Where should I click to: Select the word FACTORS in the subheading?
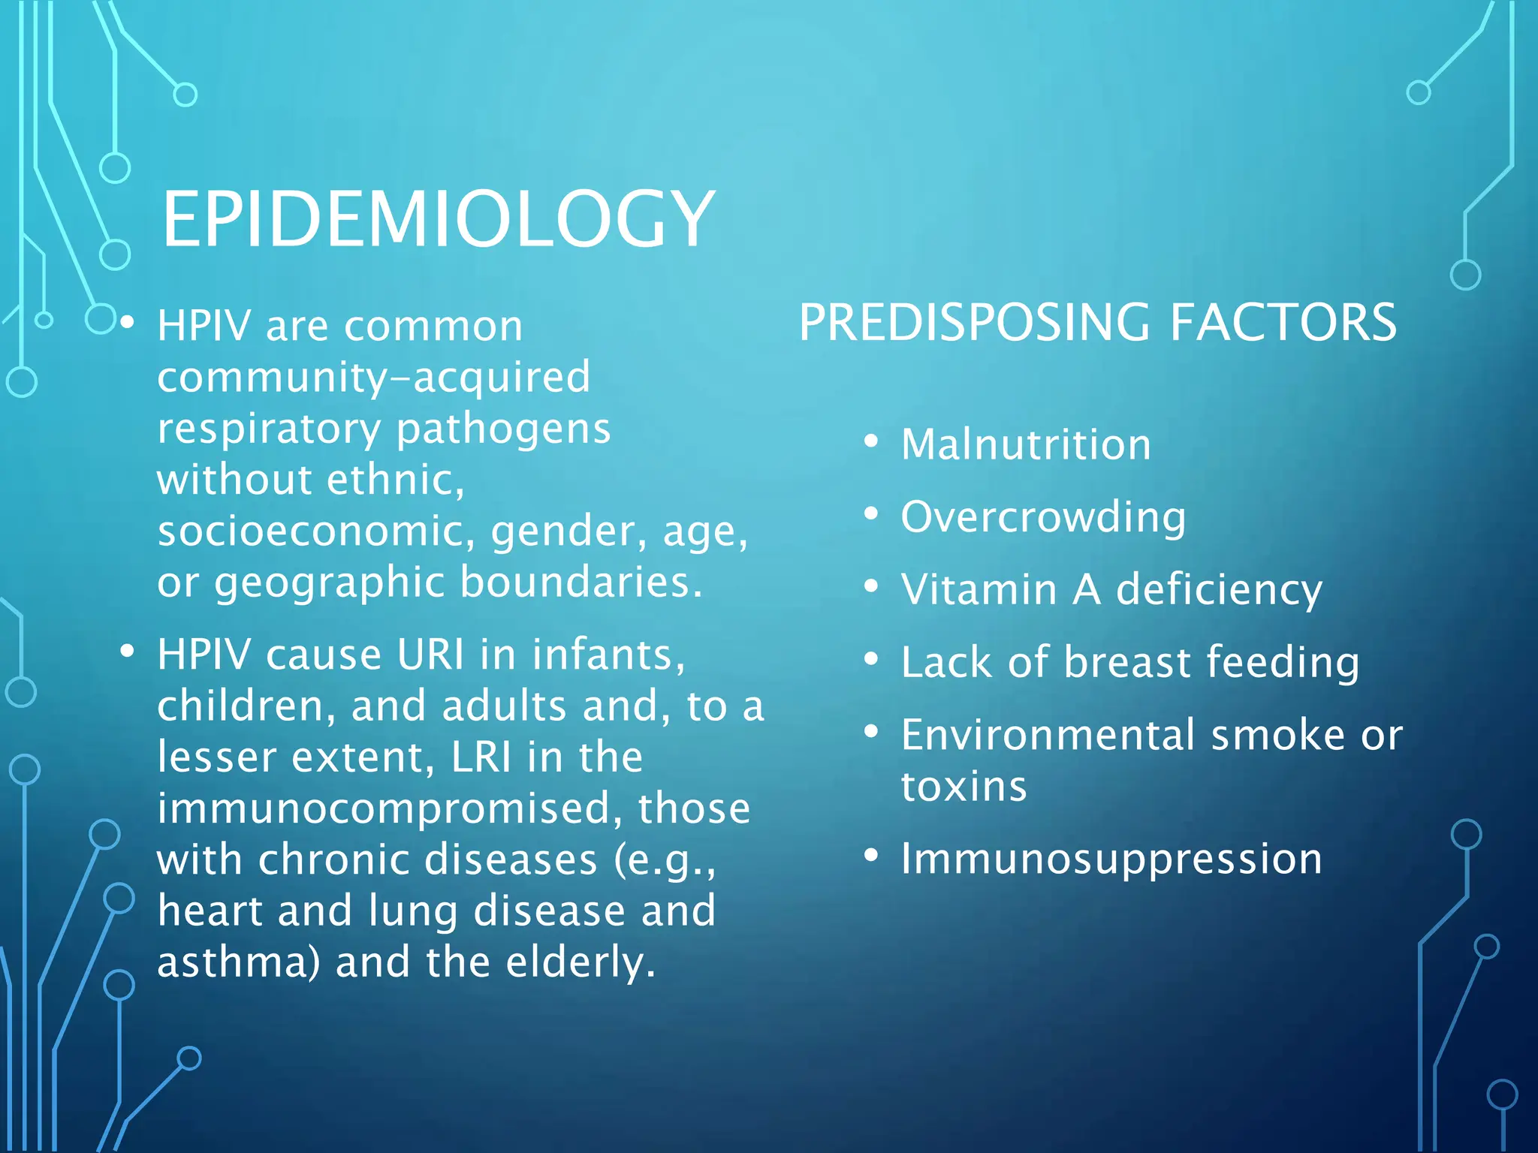click(1283, 323)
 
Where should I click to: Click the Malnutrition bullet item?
click(1026, 444)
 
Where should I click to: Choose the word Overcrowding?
click(1043, 518)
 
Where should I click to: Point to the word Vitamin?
click(979, 589)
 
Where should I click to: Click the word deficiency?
click(1219, 590)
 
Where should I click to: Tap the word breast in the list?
click(1126, 662)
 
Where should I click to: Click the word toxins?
click(964, 786)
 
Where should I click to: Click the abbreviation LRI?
click(481, 757)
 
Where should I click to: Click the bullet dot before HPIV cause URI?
click(127, 652)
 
